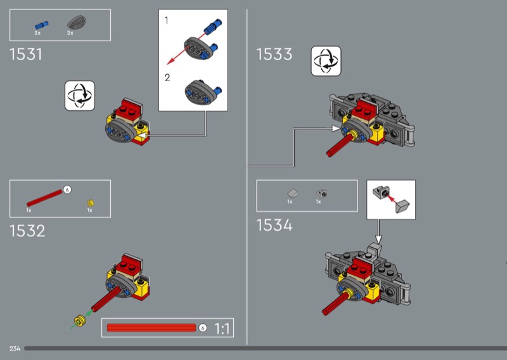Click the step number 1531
tap(26, 55)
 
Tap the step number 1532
tap(27, 231)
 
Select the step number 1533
tap(274, 54)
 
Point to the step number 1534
tap(274, 225)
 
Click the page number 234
tap(15, 349)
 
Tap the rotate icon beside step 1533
tap(326, 61)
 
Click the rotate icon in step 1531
tap(80, 96)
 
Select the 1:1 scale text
tap(222, 328)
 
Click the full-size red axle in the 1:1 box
tap(151, 328)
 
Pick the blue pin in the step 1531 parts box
tap(41, 25)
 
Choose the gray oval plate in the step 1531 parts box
tap(77, 23)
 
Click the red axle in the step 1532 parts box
tap(44, 198)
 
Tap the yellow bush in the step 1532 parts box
tap(91, 203)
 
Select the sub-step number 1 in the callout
tap(167, 21)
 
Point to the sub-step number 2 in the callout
tap(167, 77)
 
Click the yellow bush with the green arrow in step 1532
tap(80, 320)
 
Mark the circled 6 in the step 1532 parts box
tap(67, 190)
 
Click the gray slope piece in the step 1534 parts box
tap(293, 193)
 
